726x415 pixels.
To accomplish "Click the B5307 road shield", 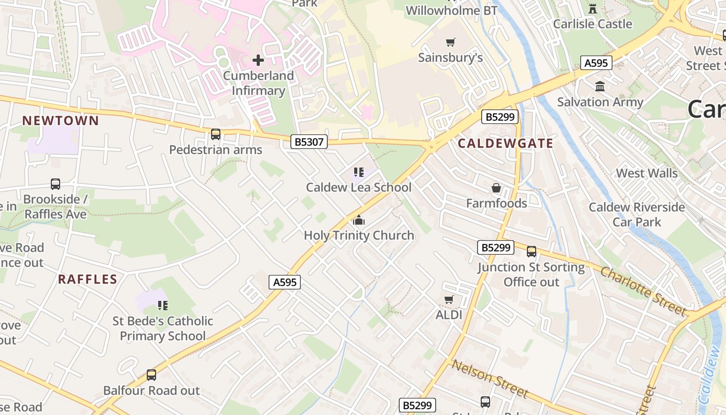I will click(x=309, y=142).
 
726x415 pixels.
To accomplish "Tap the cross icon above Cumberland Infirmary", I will click(x=258, y=60).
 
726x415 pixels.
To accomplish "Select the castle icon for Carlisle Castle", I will click(x=592, y=8).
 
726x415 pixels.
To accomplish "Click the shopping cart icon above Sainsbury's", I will click(x=450, y=42).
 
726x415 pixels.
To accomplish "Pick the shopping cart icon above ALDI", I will click(x=449, y=299).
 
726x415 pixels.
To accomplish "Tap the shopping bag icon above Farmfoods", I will click(x=496, y=188).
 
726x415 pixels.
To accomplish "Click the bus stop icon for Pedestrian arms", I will click(x=215, y=134).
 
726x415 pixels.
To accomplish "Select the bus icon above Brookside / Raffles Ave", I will click(x=55, y=184).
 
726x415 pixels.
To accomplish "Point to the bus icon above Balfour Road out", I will click(x=151, y=375).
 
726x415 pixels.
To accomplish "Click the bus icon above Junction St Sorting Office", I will click(x=531, y=252).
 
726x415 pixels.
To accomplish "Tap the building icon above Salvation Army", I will click(x=600, y=87).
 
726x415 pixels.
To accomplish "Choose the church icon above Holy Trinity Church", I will click(x=358, y=220).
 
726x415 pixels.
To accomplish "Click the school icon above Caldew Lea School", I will click(x=358, y=172).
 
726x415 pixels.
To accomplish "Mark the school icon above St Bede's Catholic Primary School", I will click(x=163, y=306).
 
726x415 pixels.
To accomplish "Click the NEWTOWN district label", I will click(x=60, y=121).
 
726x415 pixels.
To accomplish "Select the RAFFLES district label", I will click(x=88, y=280).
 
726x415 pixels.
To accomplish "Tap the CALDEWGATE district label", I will click(x=506, y=144).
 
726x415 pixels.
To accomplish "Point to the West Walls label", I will click(x=647, y=173).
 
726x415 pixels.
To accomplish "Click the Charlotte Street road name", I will click(x=643, y=291).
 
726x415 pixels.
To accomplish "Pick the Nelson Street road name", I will click(x=490, y=378).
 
